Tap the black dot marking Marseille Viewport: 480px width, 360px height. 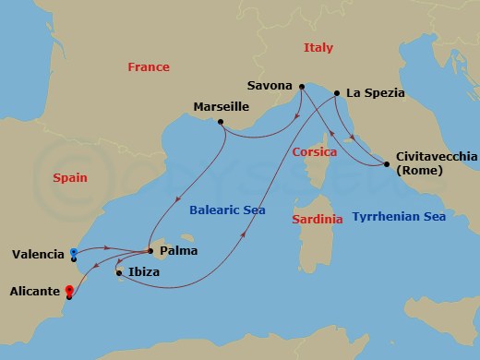[x=222, y=122]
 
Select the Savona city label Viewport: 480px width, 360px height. [x=270, y=86]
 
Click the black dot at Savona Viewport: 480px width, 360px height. [x=300, y=87]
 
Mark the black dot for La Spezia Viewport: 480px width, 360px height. [x=337, y=93]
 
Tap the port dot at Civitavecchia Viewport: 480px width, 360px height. [x=385, y=165]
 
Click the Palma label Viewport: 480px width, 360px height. [x=177, y=250]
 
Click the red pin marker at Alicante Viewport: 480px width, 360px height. [x=69, y=293]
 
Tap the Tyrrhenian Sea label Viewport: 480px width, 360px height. [x=399, y=217]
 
